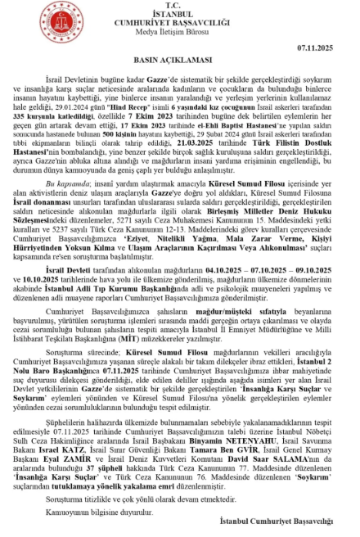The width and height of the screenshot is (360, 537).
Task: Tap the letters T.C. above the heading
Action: [180, 6]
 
